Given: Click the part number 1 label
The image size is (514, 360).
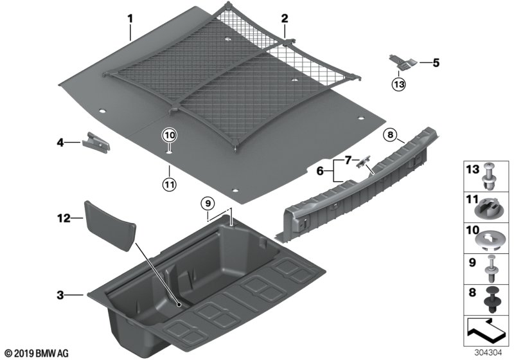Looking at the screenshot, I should tap(130, 19).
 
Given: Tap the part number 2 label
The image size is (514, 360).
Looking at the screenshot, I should tap(284, 19).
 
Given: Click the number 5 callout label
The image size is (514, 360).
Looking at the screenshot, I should tap(436, 63).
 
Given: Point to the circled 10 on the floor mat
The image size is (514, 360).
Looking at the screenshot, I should tap(168, 136).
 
